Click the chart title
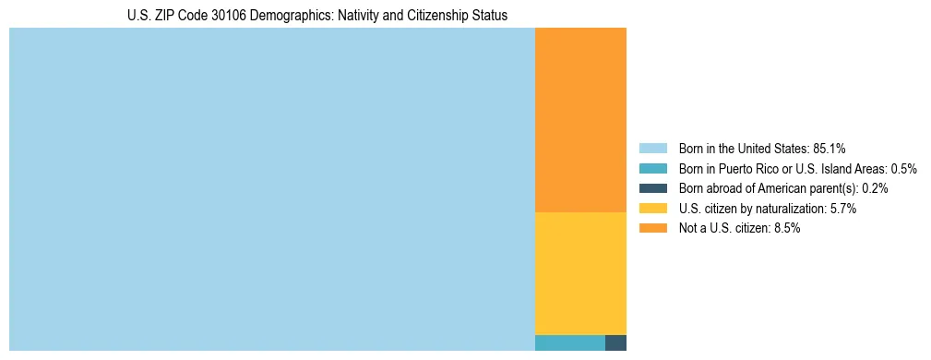(x=317, y=16)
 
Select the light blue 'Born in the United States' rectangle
(x=272, y=189)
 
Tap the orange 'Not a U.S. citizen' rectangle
(x=580, y=120)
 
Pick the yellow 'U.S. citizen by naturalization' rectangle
(x=580, y=273)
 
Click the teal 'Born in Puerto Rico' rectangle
(x=569, y=342)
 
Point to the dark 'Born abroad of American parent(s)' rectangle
(x=615, y=342)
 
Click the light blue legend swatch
(x=652, y=149)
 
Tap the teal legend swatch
(x=652, y=169)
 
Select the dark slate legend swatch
(x=652, y=188)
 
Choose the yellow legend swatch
(x=652, y=209)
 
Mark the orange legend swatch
(x=652, y=228)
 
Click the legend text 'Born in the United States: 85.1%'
(x=762, y=149)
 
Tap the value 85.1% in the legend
(x=830, y=149)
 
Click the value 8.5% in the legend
(x=785, y=228)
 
